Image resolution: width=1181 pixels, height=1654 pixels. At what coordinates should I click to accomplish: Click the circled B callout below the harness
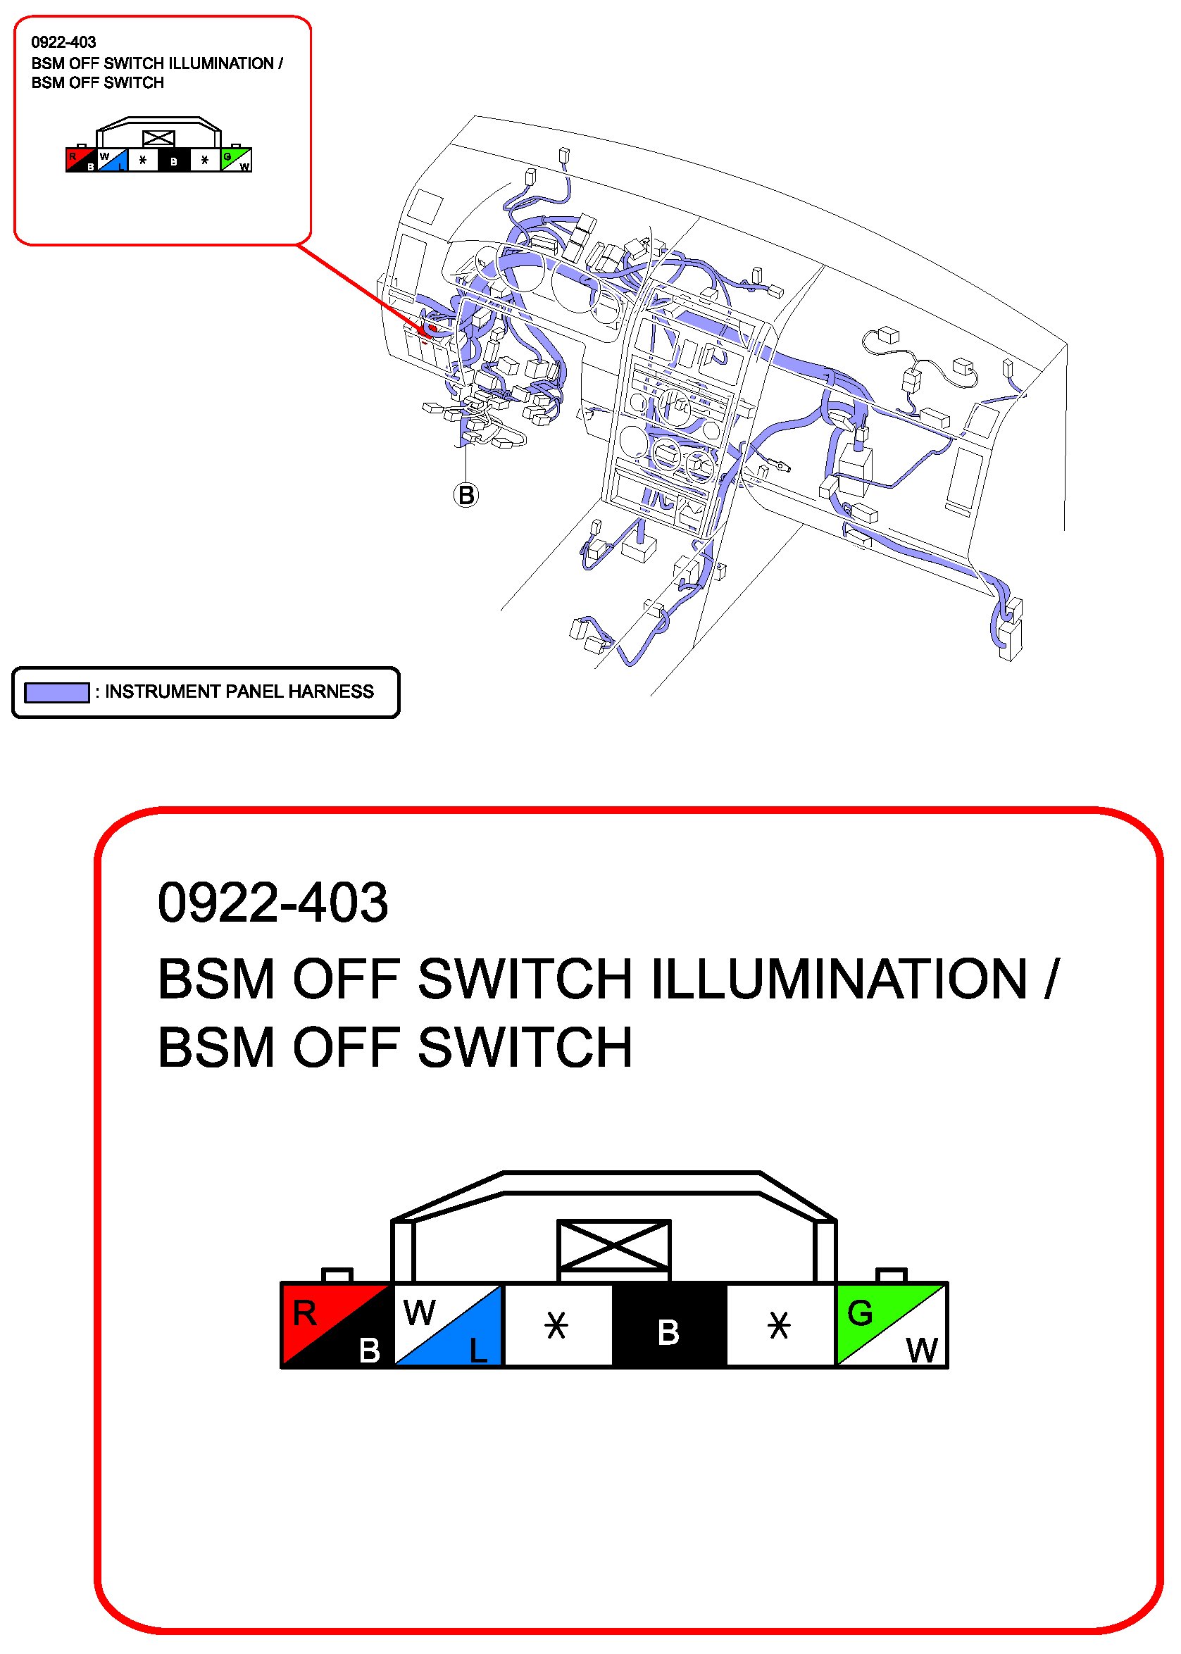(x=466, y=495)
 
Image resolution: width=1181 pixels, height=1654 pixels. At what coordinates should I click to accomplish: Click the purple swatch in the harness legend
(x=57, y=692)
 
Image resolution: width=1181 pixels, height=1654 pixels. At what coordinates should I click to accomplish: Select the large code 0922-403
(x=273, y=903)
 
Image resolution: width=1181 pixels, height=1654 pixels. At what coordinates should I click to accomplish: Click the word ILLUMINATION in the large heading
(x=839, y=979)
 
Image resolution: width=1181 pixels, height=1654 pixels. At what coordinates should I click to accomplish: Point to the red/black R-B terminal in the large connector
(x=337, y=1325)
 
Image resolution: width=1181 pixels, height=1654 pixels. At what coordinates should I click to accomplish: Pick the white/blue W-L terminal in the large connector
(x=448, y=1325)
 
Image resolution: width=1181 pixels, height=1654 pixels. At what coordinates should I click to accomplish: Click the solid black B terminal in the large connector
(x=669, y=1325)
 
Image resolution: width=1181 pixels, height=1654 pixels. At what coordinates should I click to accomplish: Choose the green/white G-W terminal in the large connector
(x=892, y=1325)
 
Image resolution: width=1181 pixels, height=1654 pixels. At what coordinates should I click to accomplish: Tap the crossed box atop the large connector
(x=614, y=1246)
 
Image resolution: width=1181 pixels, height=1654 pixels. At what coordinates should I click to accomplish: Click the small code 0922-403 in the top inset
(x=63, y=42)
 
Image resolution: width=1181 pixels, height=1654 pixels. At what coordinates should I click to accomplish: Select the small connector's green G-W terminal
(x=236, y=159)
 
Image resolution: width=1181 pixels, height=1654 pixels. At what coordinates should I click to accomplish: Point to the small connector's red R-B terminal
(x=81, y=159)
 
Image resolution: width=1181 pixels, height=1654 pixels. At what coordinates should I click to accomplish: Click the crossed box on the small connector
(x=158, y=137)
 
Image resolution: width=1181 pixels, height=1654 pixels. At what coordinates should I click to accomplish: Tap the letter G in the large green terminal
(x=860, y=1313)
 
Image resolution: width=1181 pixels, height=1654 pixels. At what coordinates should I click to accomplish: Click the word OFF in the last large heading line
(x=346, y=1048)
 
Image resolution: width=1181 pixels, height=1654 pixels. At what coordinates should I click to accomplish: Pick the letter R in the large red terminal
(x=305, y=1313)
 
